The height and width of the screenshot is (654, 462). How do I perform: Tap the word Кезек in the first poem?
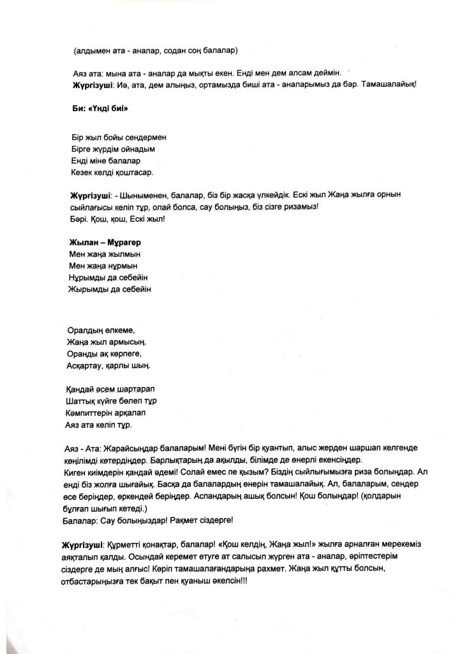[83, 172]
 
